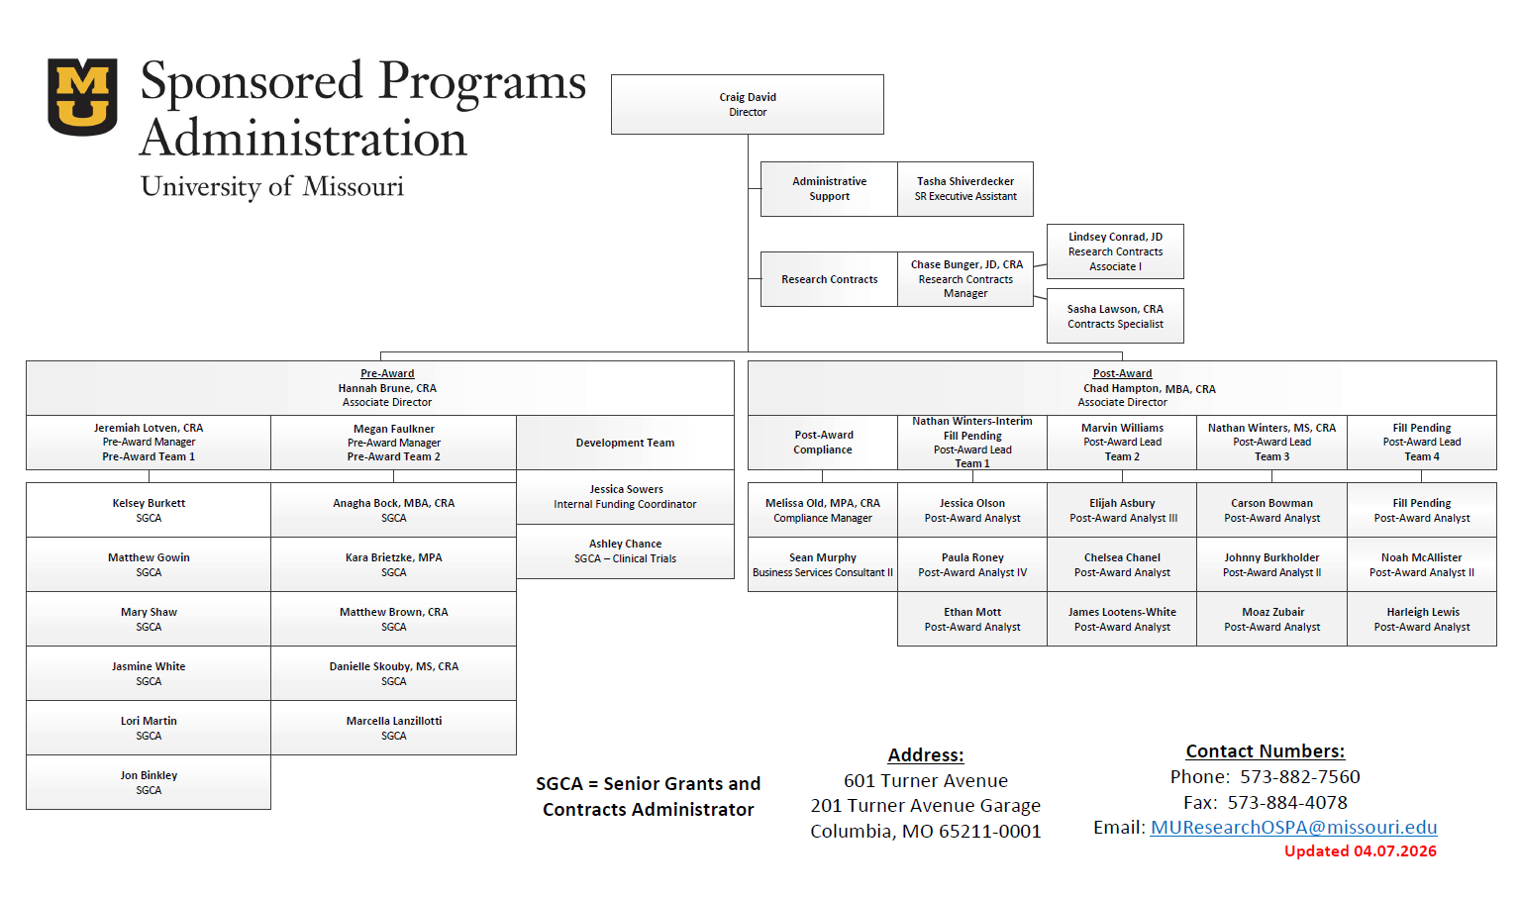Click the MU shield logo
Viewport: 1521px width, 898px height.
coord(82,96)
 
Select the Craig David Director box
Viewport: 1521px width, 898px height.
coord(748,105)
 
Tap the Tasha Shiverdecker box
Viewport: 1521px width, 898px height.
coord(965,189)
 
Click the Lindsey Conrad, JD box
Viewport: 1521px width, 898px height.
coord(1115,251)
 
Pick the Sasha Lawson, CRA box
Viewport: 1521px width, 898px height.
coord(1115,317)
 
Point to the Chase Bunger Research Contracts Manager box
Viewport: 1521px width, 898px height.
coord(965,279)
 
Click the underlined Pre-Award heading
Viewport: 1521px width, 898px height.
coord(387,373)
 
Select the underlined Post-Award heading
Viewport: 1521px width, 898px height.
coord(1122,373)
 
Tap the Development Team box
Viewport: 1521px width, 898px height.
coord(625,443)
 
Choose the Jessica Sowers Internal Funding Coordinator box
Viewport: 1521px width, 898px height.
coord(625,497)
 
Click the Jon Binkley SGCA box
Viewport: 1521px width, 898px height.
coord(149,783)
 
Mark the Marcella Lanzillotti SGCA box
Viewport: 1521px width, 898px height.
coord(394,729)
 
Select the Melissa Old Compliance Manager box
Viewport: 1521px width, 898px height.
coord(823,511)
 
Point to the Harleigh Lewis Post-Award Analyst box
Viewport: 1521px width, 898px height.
coord(1422,620)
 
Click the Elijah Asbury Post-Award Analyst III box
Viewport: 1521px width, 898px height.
coord(1122,511)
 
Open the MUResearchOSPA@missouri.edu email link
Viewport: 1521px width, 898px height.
coord(1293,828)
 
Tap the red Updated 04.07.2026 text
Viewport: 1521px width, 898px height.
coord(1360,851)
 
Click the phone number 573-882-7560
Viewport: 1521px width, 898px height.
coord(1300,777)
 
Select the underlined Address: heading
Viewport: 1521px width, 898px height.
coord(926,755)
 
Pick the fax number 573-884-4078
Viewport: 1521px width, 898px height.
coord(1287,803)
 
